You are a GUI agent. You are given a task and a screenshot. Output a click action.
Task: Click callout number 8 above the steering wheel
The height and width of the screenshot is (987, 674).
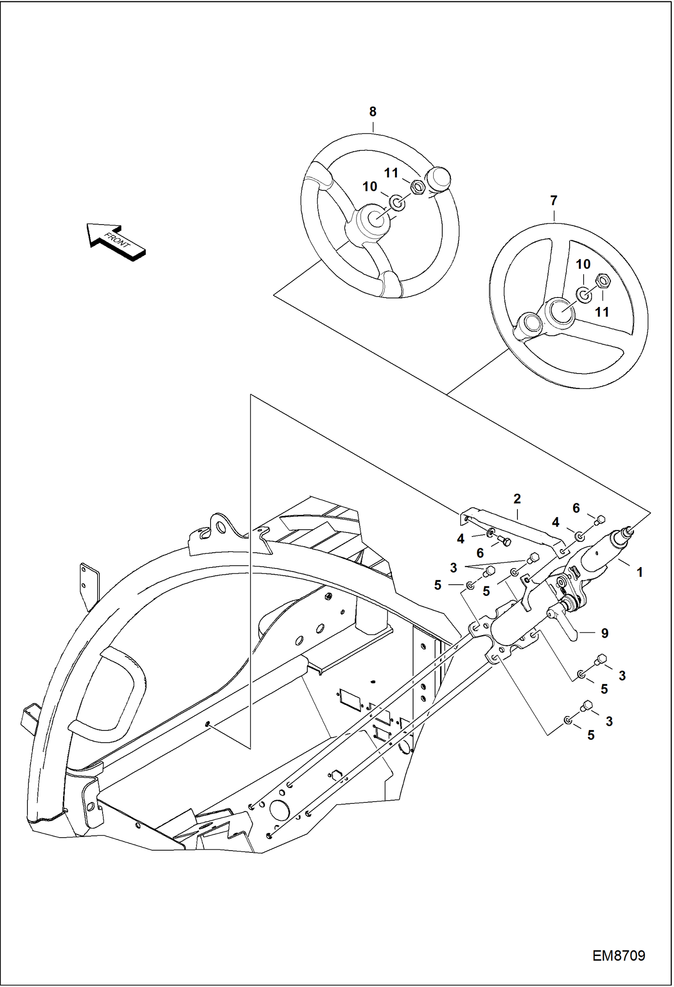[x=373, y=112]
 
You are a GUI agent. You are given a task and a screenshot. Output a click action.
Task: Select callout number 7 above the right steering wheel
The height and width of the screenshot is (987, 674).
[x=553, y=201]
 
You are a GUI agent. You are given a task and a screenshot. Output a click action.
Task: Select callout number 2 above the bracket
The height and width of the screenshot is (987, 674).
[x=517, y=499]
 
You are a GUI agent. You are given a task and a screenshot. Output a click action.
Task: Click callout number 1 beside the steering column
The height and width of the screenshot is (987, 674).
[x=639, y=572]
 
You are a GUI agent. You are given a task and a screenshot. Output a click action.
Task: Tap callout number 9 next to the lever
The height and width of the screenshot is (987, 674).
[x=605, y=634]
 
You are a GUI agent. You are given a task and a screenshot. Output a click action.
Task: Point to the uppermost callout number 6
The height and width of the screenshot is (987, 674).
[x=576, y=508]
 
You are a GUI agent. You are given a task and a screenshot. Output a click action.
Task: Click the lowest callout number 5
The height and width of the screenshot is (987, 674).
[x=591, y=735]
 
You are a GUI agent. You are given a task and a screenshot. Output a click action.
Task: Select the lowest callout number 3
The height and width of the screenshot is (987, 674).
[x=609, y=721]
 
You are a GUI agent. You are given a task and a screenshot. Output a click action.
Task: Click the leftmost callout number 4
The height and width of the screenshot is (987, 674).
[x=460, y=539]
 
